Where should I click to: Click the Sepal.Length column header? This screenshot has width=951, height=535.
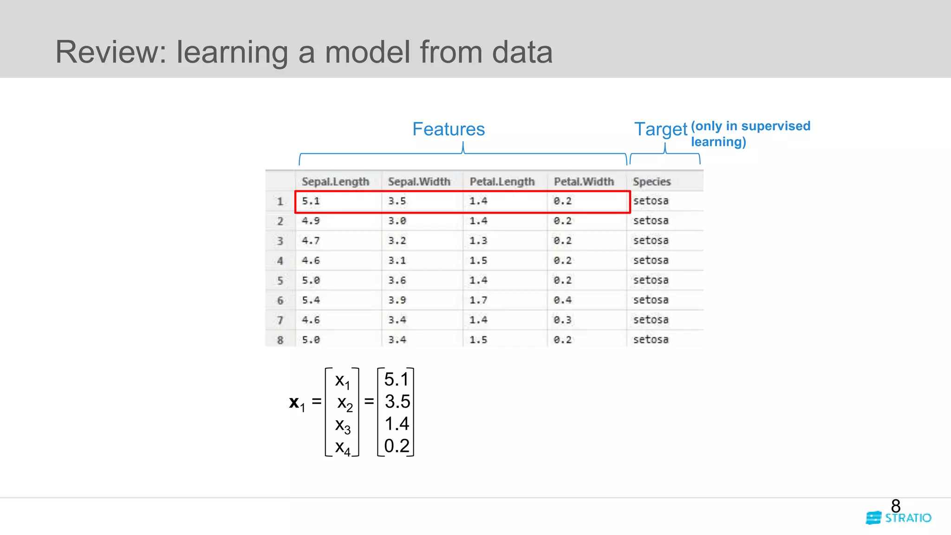(335, 182)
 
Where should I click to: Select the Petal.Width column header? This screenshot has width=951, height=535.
(584, 182)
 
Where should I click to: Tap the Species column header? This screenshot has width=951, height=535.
(651, 182)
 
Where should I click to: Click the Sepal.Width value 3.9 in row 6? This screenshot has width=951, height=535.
(397, 300)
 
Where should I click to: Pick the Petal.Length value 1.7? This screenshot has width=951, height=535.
(478, 300)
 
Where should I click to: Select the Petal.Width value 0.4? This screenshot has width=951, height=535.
(562, 300)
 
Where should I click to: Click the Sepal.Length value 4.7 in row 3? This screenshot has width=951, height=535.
(311, 241)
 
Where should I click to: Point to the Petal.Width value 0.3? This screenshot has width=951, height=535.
(562, 320)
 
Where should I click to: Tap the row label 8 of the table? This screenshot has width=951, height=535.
(280, 340)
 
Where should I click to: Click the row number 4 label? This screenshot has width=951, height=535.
(280, 261)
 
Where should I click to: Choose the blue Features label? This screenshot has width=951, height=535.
(448, 129)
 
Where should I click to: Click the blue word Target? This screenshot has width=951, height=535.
(660, 129)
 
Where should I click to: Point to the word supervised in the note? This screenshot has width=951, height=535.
(775, 126)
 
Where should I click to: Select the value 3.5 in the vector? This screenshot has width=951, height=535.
(397, 402)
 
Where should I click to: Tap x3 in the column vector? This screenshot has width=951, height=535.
(343, 425)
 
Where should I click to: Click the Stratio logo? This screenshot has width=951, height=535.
(899, 518)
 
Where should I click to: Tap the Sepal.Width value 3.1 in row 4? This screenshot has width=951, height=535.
(397, 261)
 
